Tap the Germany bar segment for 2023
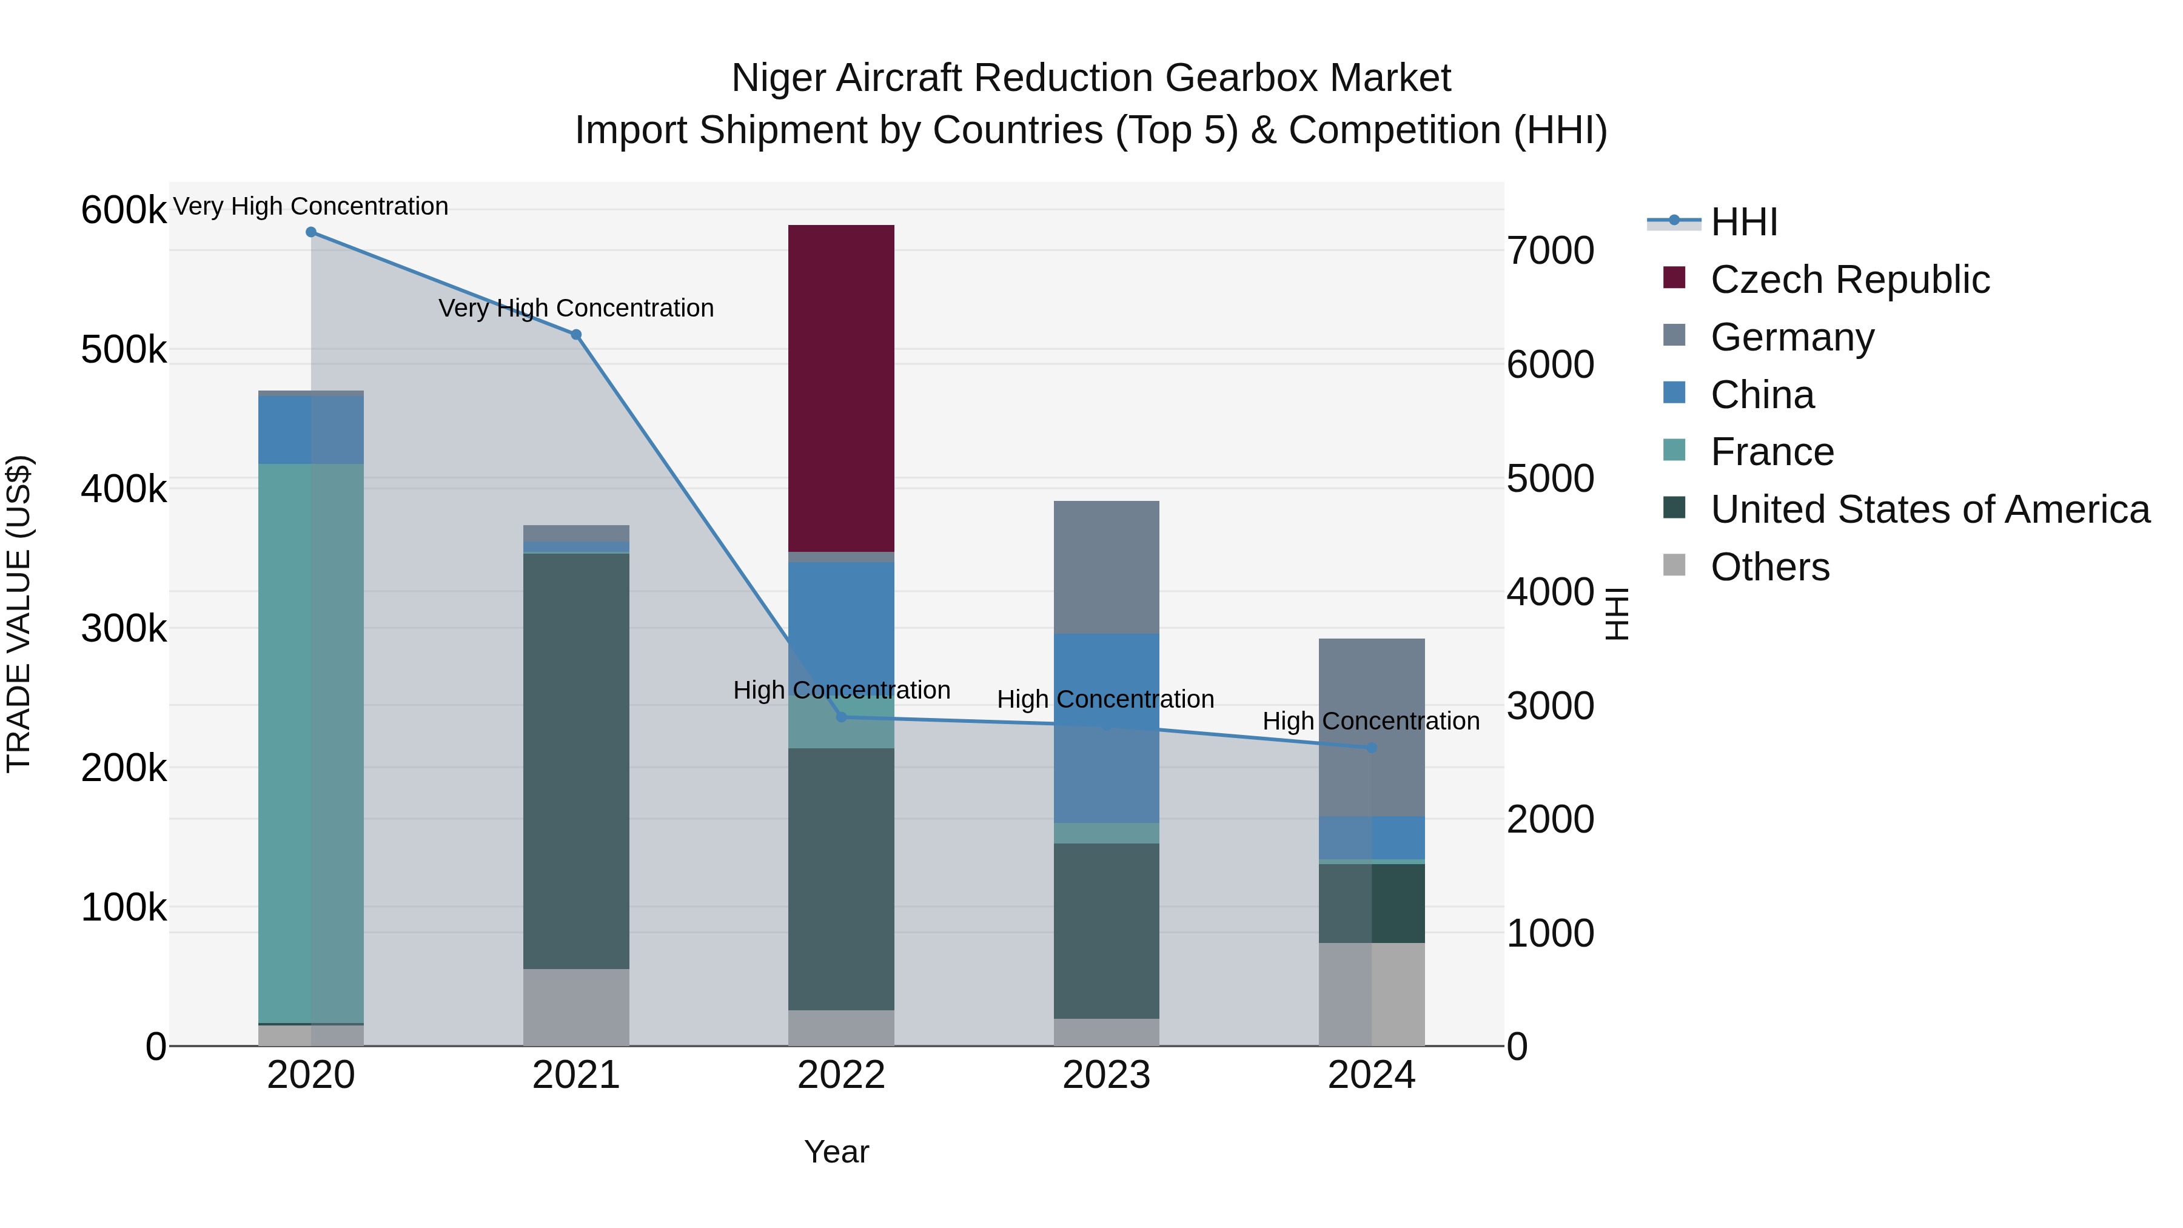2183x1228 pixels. pyautogui.click(x=1106, y=566)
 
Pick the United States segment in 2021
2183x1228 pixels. pyautogui.click(x=575, y=760)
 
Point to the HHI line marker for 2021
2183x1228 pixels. pyautogui.click(x=575, y=335)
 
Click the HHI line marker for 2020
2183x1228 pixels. pyautogui.click(x=311, y=232)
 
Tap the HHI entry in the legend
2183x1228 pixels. pyautogui.click(x=1743, y=222)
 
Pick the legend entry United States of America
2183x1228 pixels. pyautogui.click(x=1930, y=509)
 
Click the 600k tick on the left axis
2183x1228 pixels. pyautogui.click(x=124, y=210)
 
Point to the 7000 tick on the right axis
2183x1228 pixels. pyautogui.click(x=1550, y=251)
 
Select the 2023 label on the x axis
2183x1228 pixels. pyautogui.click(x=1106, y=1075)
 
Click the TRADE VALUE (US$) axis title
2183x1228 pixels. pyautogui.click(x=19, y=614)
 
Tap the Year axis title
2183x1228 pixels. pyautogui.click(x=836, y=1152)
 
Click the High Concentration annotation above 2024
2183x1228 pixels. pyautogui.click(x=1370, y=721)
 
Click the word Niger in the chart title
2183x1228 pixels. pyautogui.click(x=779, y=78)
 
